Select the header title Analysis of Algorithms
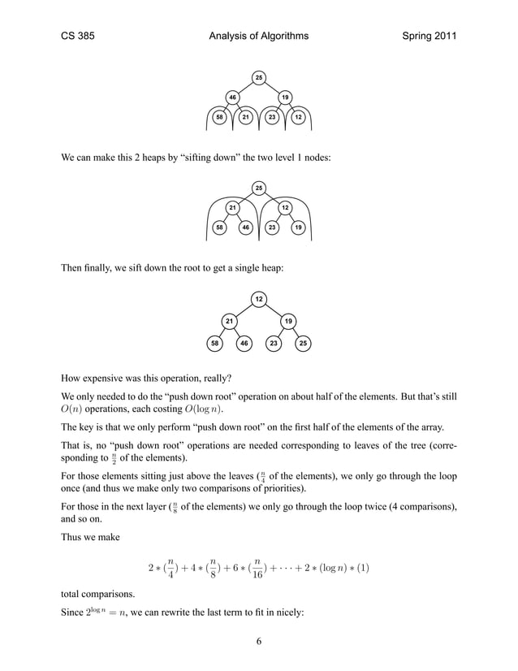click(258, 36)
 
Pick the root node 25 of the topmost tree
click(259, 77)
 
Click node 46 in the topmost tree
click(232, 97)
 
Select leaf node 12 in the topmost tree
click(299, 118)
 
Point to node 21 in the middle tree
click(232, 208)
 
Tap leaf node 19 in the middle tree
click(299, 228)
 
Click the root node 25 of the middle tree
click(259, 188)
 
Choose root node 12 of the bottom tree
click(259, 301)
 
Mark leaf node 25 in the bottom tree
click(303, 344)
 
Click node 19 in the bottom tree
click(287, 322)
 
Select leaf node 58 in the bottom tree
click(214, 344)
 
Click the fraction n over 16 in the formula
click(257, 567)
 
